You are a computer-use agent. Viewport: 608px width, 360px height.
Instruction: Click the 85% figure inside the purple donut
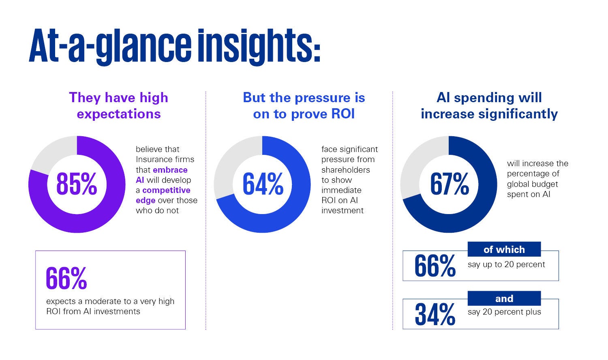77,184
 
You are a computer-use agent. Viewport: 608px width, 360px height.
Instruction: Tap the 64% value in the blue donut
263,184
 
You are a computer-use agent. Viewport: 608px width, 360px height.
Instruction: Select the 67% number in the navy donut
449,184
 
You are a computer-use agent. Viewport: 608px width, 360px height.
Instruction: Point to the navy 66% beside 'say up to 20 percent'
435,266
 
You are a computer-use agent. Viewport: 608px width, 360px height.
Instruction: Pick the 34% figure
435,315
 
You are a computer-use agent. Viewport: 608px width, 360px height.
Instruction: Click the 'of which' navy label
504,249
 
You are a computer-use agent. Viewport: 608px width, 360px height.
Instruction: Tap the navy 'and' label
504,299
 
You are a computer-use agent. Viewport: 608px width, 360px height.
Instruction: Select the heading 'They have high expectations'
118,105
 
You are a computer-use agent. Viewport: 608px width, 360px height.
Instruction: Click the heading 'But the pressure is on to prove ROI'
304,105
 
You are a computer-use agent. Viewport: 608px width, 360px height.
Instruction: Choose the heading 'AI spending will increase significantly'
489,105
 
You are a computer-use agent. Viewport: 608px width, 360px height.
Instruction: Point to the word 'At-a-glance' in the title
109,45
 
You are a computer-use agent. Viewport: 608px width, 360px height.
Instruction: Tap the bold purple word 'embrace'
170,170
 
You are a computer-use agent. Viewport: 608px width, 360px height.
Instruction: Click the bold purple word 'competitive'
166,190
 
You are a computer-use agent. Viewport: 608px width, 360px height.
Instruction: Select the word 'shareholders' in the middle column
345,170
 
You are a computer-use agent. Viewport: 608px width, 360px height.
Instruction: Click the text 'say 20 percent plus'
504,312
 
